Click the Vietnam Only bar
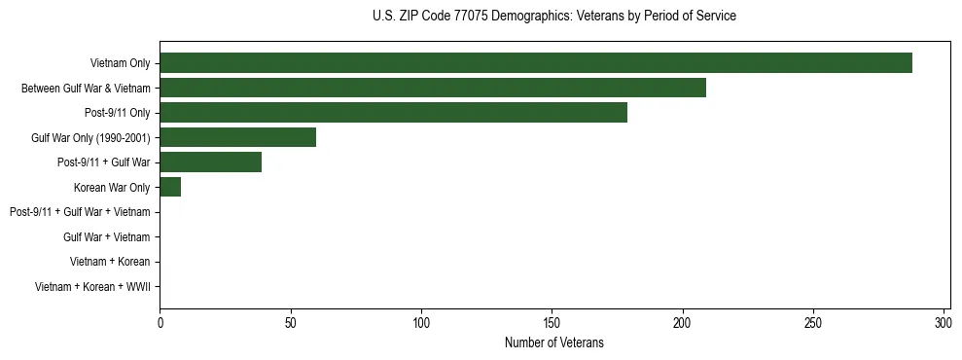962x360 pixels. (535, 63)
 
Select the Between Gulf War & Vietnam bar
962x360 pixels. (432, 88)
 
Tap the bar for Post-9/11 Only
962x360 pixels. (393, 113)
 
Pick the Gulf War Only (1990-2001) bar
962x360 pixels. (237, 137)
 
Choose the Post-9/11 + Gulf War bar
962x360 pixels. (210, 162)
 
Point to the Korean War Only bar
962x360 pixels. (170, 187)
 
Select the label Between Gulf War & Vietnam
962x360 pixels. (86, 89)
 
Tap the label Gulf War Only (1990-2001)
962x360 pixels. (90, 138)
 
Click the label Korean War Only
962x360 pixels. (112, 188)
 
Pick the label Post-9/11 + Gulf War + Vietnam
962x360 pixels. (80, 212)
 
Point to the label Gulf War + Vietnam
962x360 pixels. (106, 237)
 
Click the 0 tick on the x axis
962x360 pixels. (160, 322)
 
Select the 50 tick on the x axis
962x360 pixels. (290, 322)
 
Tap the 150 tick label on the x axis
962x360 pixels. (552, 322)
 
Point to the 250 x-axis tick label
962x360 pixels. (813, 322)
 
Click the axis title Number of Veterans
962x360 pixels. (554, 342)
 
